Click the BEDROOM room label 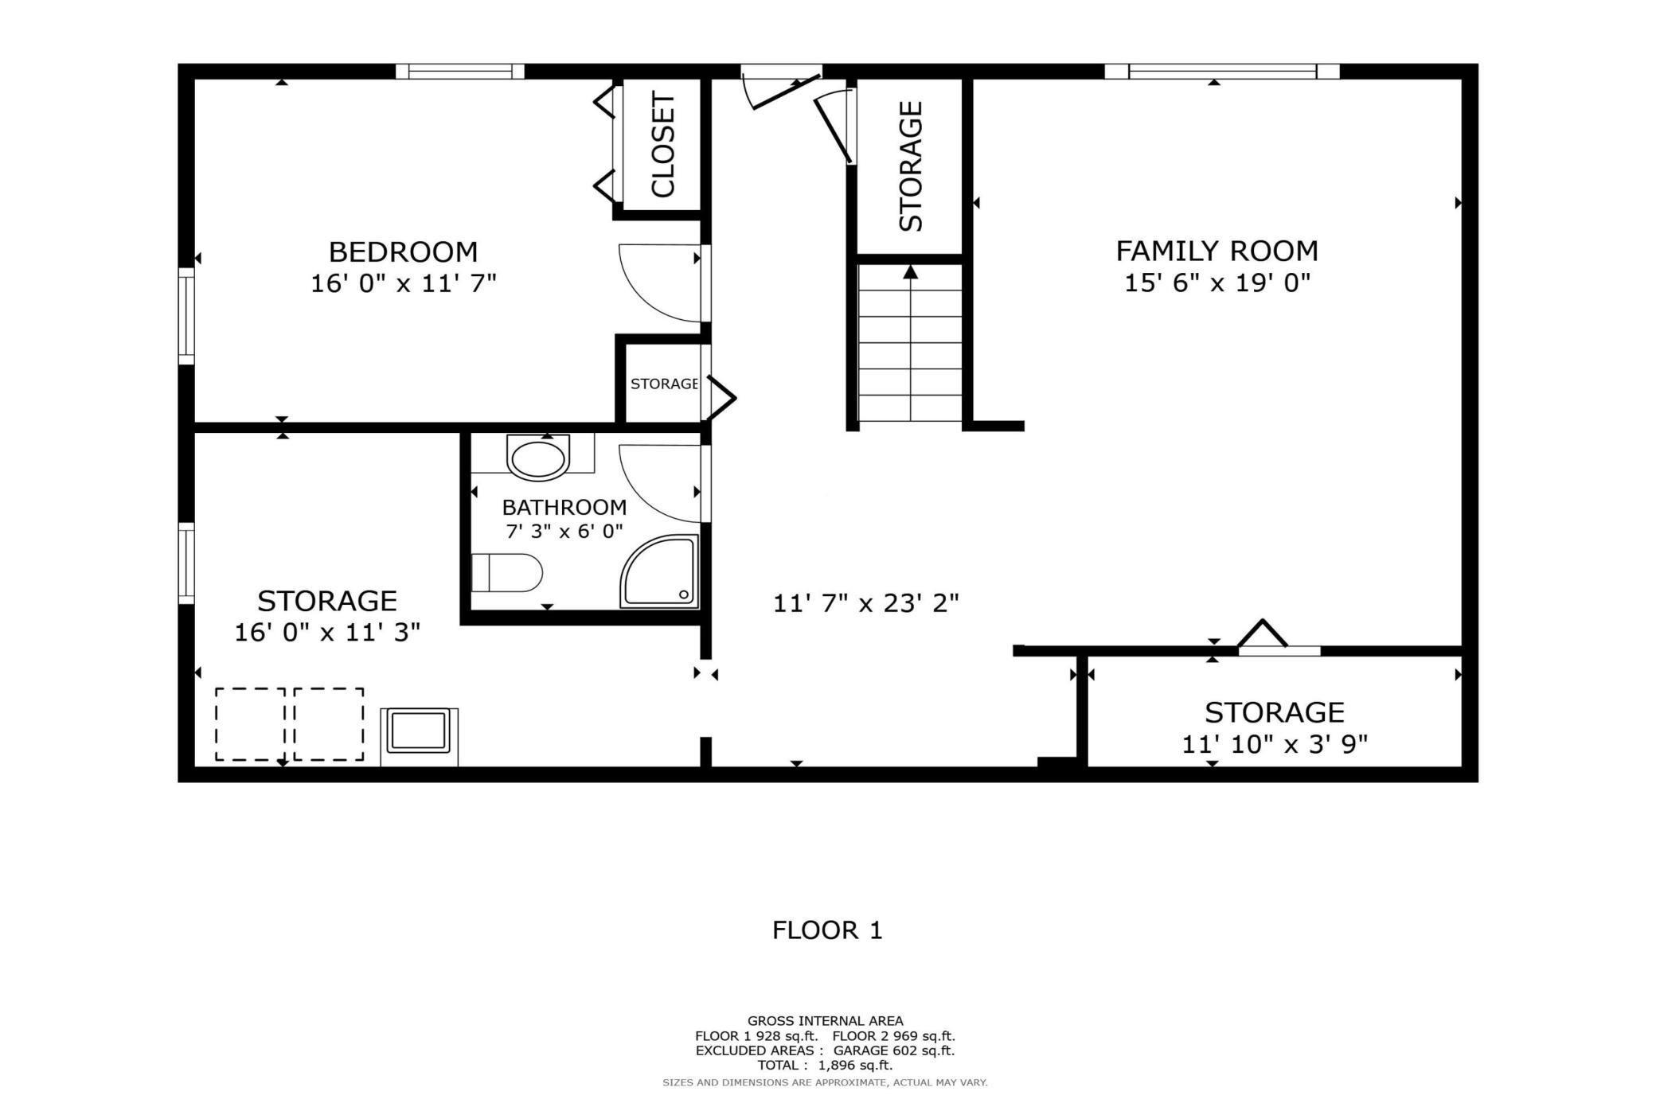click(403, 252)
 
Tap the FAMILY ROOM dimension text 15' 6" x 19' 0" click(1217, 283)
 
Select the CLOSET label click(663, 144)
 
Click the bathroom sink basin click(538, 459)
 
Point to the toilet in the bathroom click(507, 573)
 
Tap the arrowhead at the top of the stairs click(911, 272)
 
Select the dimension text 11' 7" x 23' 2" click(865, 603)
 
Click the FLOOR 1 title click(827, 930)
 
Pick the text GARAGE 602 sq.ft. click(893, 1050)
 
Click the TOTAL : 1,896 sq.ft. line click(825, 1065)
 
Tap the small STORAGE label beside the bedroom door click(664, 384)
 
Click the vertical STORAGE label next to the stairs click(911, 166)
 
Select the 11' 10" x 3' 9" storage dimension click(1274, 744)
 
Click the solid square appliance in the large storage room click(419, 732)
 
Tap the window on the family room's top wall click(1221, 72)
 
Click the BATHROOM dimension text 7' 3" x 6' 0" click(564, 532)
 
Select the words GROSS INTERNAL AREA click(825, 1021)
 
